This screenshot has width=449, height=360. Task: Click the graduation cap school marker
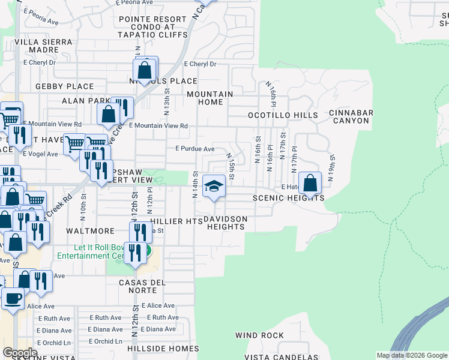(x=214, y=187)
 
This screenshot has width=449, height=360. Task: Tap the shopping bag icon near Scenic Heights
(x=310, y=183)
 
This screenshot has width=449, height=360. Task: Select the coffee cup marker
(x=13, y=298)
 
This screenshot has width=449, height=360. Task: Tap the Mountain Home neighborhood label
(x=209, y=98)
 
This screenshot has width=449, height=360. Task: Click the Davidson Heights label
(x=224, y=223)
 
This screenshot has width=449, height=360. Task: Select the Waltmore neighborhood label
(x=90, y=231)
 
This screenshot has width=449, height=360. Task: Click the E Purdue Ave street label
(x=194, y=149)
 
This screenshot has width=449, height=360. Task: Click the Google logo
(x=20, y=353)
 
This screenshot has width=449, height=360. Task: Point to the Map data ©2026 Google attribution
(x=412, y=355)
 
